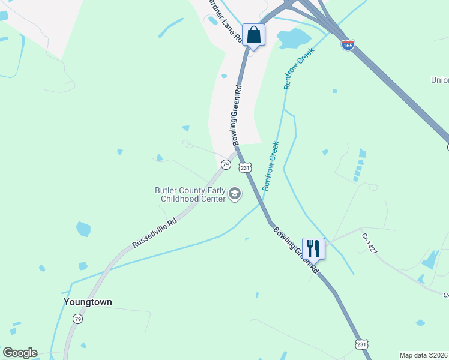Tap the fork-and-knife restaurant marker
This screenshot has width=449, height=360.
[x=313, y=247]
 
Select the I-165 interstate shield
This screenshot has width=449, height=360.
[x=348, y=44]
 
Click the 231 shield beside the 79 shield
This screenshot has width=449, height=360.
[x=245, y=168]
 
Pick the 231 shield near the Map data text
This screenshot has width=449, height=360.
[x=361, y=344]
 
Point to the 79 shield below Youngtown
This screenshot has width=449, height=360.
[x=77, y=319]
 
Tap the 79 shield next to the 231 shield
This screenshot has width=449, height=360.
[x=225, y=164]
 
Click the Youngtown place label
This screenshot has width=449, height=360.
[x=88, y=302]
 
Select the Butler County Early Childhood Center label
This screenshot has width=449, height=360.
[x=190, y=194]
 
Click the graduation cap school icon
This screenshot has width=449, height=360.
[x=234, y=194]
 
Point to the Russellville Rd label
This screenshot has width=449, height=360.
[x=154, y=234]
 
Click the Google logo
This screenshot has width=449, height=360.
[x=20, y=353]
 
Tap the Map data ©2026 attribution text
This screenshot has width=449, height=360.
[x=424, y=355]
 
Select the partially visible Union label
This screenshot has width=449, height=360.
[x=439, y=80]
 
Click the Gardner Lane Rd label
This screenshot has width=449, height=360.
[x=224, y=20]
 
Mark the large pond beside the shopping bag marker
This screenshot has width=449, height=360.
[x=293, y=38]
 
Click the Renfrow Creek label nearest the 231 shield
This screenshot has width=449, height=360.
[x=271, y=166]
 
